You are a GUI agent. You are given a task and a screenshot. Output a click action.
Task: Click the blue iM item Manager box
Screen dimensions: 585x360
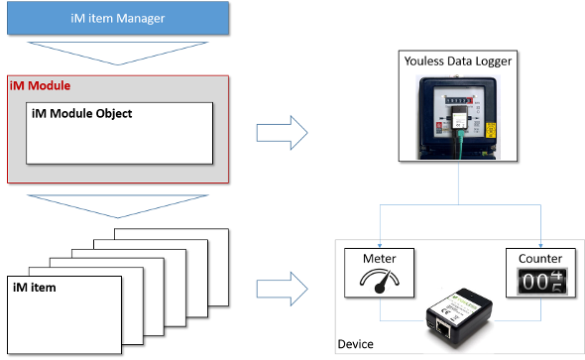click(118, 18)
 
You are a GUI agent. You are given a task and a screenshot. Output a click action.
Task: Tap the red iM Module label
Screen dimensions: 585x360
click(40, 86)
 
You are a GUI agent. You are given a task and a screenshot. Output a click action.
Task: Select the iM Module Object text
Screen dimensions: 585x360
click(81, 113)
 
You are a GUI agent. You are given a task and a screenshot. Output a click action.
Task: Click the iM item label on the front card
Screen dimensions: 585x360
click(35, 288)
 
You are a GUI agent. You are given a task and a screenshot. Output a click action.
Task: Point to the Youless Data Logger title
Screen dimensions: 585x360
click(458, 61)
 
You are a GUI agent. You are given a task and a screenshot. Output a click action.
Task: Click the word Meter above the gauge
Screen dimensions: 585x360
click(379, 259)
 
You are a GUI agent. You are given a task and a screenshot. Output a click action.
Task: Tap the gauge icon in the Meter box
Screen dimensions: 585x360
click(380, 281)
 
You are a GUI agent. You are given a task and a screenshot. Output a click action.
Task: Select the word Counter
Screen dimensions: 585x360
click(540, 259)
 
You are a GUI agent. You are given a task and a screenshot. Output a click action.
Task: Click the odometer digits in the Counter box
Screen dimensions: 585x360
click(542, 282)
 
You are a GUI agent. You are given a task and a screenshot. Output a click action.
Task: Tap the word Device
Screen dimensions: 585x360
click(355, 344)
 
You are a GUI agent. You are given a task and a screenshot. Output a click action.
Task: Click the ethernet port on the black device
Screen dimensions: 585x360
click(443, 329)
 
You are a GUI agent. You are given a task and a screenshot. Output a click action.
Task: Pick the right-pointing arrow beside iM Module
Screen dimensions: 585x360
click(282, 133)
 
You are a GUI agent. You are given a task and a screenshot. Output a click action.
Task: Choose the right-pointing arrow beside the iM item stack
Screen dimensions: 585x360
click(282, 290)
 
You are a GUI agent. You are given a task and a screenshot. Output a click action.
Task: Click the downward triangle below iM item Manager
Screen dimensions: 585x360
click(118, 54)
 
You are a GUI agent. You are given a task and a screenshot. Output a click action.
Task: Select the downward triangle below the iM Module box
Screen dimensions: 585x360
click(118, 206)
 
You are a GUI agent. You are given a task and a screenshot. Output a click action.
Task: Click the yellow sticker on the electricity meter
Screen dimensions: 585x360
click(491, 130)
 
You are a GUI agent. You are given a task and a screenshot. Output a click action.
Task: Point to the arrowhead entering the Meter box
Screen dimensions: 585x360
click(380, 246)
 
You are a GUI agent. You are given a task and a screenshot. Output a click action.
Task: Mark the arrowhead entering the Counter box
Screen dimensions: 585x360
click(540, 246)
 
